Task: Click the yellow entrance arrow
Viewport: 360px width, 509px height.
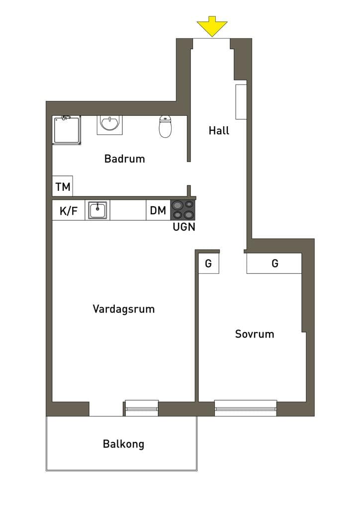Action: click(x=212, y=26)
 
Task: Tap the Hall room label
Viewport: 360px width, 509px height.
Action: click(x=219, y=131)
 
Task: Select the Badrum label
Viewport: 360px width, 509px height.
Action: click(x=125, y=159)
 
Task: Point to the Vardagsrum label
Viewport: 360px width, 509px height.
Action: click(x=124, y=309)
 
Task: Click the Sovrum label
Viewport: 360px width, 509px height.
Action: click(x=255, y=334)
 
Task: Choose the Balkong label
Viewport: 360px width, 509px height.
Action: click(x=123, y=444)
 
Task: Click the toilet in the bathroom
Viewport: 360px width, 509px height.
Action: click(x=165, y=127)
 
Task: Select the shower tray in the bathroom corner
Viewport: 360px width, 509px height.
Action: click(x=67, y=130)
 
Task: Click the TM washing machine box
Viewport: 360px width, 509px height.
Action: click(x=63, y=186)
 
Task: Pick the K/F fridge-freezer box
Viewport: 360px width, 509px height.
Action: click(x=69, y=210)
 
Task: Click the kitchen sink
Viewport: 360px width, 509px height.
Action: click(x=97, y=210)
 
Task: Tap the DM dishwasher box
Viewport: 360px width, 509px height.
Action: click(x=158, y=210)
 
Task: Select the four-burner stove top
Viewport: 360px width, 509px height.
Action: click(x=182, y=210)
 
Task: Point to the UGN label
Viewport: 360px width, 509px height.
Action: click(x=184, y=227)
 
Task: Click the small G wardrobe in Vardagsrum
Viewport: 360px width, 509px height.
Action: click(x=209, y=263)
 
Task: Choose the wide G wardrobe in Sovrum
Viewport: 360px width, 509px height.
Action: click(x=274, y=263)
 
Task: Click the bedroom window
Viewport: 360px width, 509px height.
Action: click(x=246, y=408)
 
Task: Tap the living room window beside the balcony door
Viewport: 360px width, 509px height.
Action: click(x=142, y=408)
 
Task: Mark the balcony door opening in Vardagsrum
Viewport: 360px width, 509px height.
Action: click(x=106, y=409)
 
